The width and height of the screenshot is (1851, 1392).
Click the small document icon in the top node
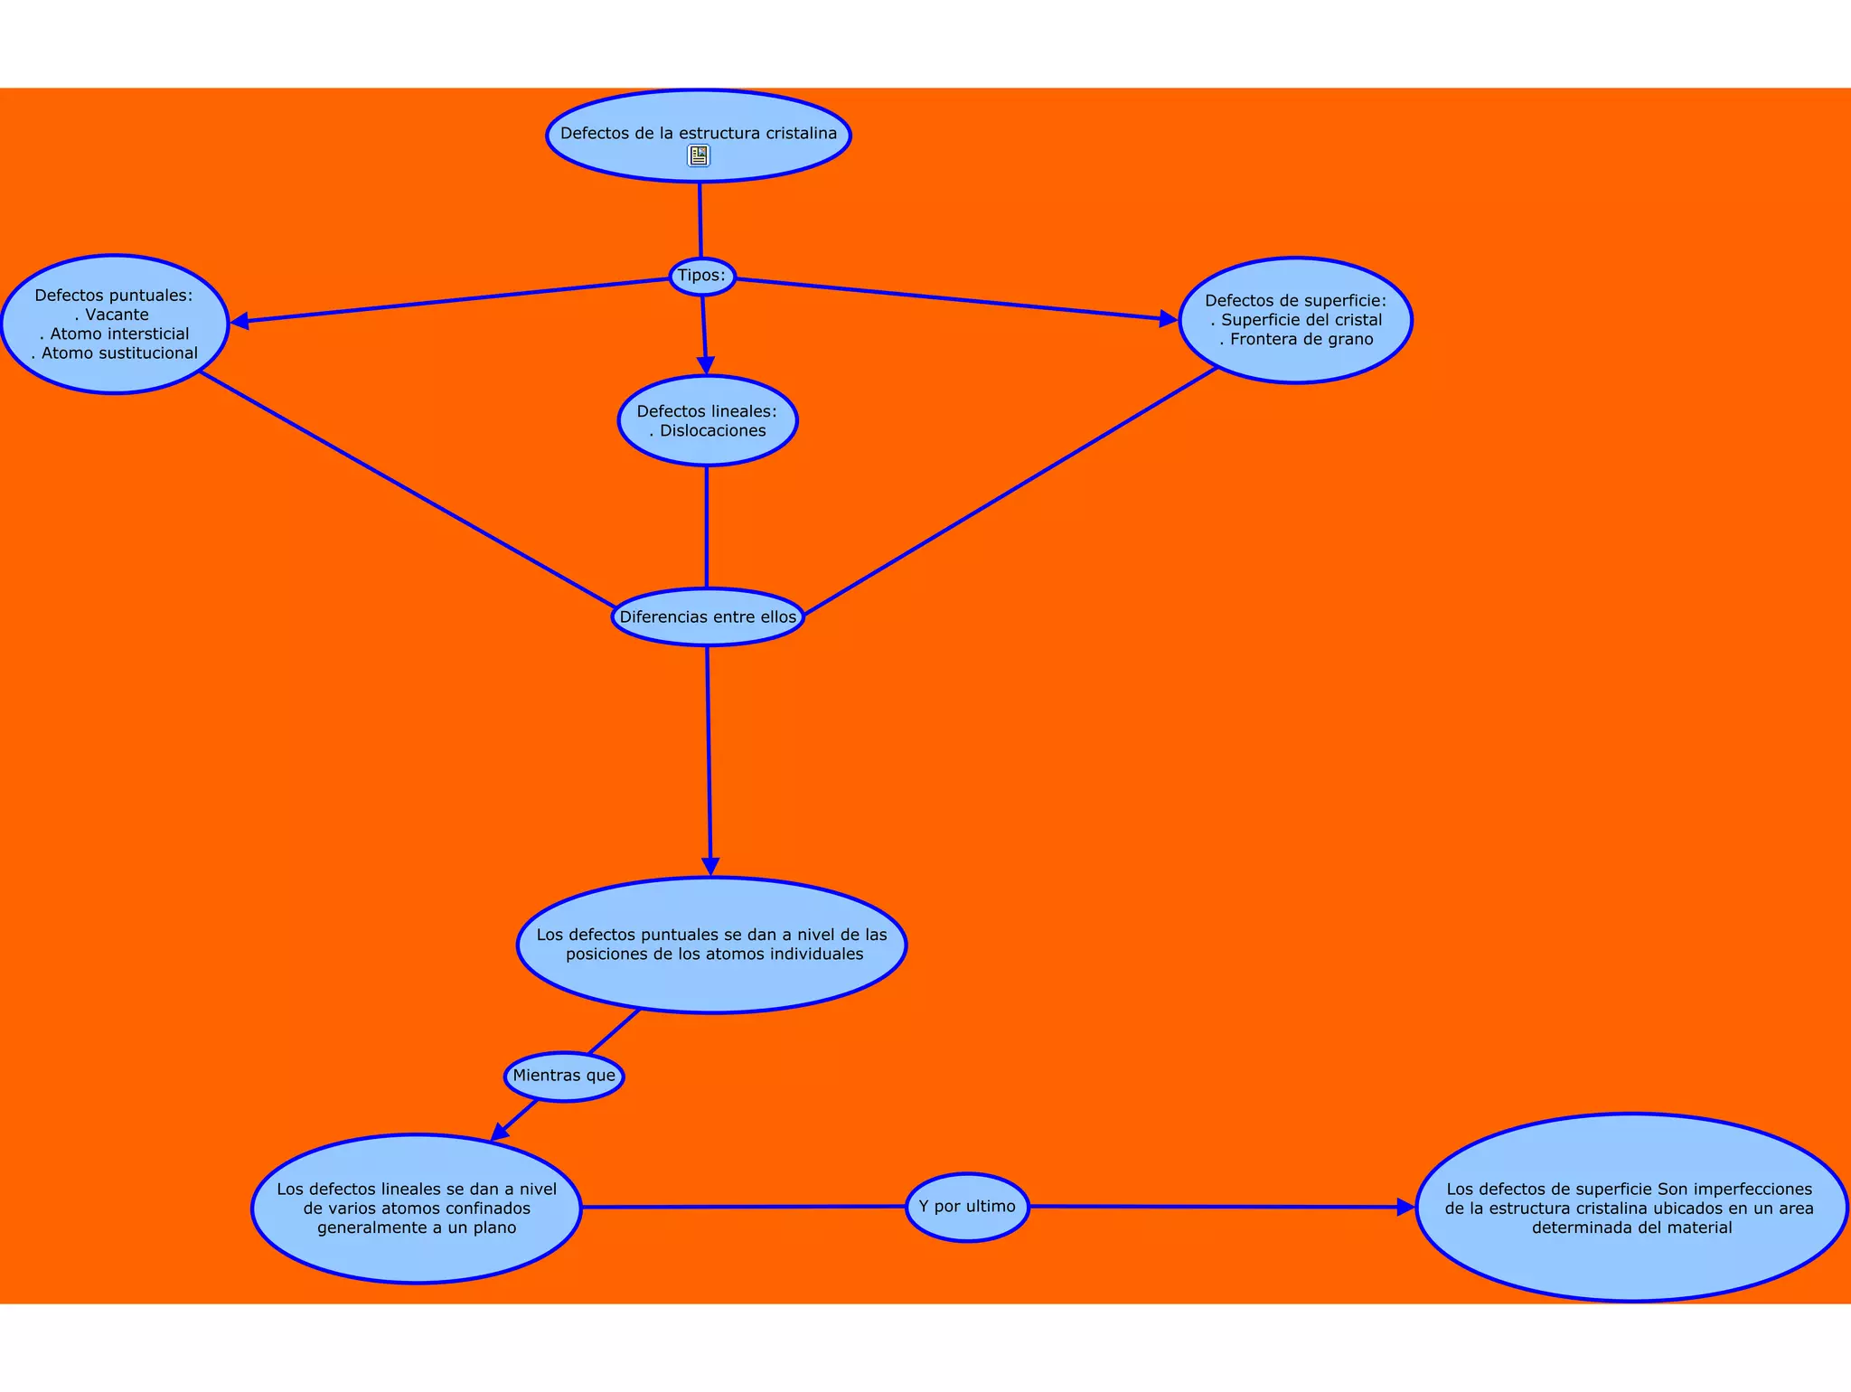coord(699,156)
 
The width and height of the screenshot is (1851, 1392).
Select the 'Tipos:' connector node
coord(702,276)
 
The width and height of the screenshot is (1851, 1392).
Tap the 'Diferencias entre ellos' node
coord(708,617)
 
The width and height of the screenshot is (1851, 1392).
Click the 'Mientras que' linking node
coord(564,1076)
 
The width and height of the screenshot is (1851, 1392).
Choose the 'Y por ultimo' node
coord(967,1207)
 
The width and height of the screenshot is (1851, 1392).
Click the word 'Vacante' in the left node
coord(117,315)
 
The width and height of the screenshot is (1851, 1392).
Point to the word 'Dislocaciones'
coord(712,431)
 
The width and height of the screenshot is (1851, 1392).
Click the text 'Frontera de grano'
coord(1301,340)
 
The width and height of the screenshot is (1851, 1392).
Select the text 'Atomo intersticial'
coord(119,334)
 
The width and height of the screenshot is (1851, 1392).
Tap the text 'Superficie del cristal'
coord(1301,320)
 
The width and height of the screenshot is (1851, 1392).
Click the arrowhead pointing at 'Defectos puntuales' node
coord(240,321)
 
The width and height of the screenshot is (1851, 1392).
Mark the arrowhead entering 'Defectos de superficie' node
coord(1167,319)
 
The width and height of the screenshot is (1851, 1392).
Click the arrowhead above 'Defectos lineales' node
coord(706,365)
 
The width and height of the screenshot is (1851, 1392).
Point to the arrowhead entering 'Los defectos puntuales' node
coord(711,865)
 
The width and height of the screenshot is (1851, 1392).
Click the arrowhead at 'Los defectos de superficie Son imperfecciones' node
coord(1405,1208)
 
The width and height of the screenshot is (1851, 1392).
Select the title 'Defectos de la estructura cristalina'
coord(699,134)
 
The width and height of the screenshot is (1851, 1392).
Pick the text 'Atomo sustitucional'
coord(119,353)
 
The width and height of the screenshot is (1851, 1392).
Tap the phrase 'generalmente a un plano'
coord(417,1227)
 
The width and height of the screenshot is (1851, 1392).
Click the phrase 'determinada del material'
coord(1631,1227)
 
